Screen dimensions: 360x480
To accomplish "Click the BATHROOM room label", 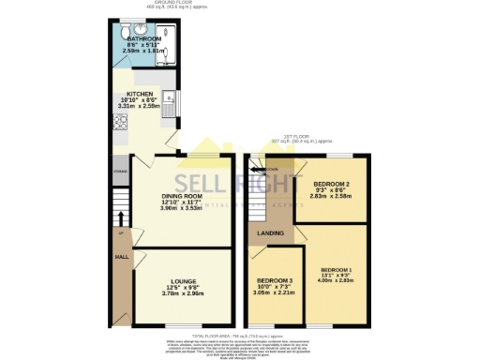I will (x=144, y=39).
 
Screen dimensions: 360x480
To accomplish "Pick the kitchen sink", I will (x=168, y=97).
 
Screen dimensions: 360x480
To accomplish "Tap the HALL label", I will (x=121, y=255).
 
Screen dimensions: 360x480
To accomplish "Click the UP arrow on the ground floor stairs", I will (x=120, y=232).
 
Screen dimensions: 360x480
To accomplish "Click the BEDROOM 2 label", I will (x=332, y=183).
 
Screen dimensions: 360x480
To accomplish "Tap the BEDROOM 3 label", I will (x=276, y=280).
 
